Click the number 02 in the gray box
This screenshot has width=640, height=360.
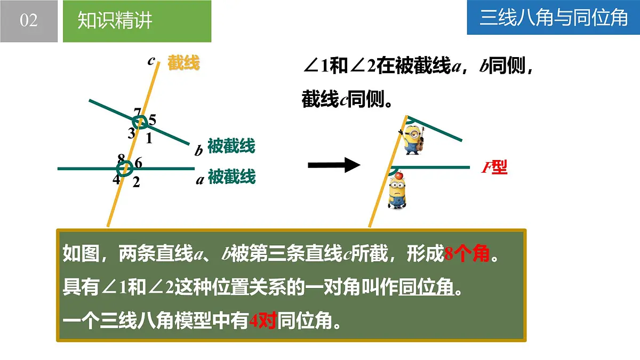29,21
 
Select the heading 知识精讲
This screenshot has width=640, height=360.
115,21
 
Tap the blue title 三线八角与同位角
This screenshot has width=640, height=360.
554,18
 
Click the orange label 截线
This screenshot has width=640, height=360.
183,63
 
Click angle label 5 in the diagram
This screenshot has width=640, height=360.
152,121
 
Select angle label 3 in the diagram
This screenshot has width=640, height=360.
131,133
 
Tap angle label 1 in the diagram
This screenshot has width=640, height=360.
149,139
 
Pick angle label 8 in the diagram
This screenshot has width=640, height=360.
121,158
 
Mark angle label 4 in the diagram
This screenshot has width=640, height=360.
116,179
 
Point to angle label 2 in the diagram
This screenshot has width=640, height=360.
136,182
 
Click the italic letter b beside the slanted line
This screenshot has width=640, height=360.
198,151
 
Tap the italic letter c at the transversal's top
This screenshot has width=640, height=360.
151,61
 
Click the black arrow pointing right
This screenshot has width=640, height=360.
334,165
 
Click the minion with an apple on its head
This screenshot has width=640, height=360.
396,191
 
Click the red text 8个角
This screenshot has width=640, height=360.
467,254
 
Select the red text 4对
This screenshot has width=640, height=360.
262,321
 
